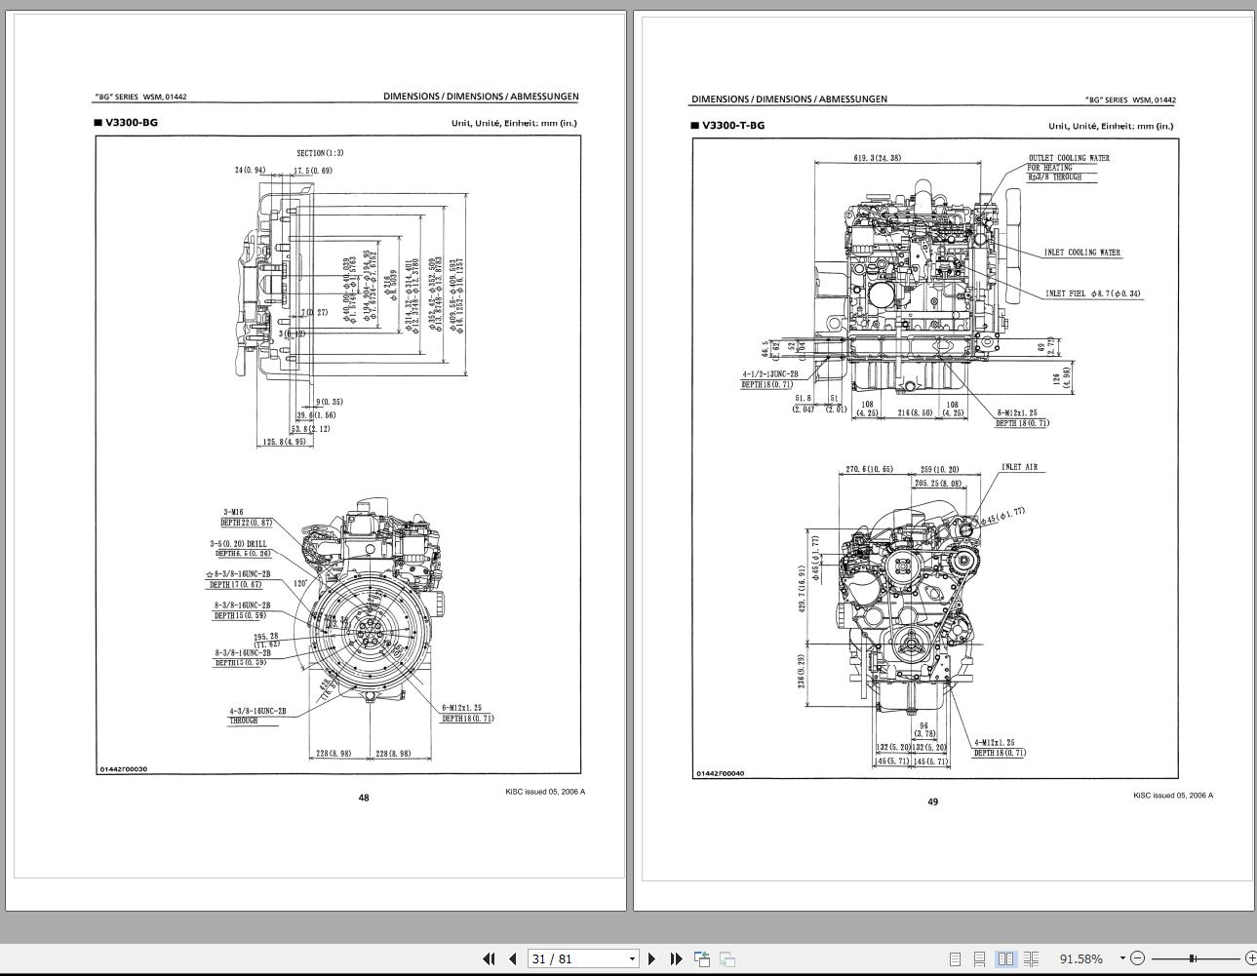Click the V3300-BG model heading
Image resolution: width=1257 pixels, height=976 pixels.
[x=131, y=123]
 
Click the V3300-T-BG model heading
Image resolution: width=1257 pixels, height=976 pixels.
[x=732, y=126]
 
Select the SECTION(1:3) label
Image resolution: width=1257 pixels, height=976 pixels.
[x=320, y=153]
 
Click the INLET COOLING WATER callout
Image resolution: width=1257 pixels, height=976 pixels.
[x=1081, y=253]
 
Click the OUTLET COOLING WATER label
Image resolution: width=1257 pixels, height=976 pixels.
[x=1068, y=158]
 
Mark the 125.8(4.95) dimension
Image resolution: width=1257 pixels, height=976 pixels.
[x=284, y=442]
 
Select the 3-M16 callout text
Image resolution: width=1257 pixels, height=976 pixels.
[x=233, y=512]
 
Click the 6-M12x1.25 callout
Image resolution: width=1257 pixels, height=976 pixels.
[x=461, y=708]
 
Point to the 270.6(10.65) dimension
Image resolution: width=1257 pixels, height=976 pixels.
[x=868, y=470]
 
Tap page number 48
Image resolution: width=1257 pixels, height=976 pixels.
[x=364, y=798]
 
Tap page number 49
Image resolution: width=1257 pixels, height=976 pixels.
[x=932, y=801]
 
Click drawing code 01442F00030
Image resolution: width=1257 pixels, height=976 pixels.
[x=123, y=769]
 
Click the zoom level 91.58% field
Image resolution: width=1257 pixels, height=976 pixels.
[x=1081, y=958]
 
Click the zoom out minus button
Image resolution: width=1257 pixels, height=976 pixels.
[x=1137, y=958]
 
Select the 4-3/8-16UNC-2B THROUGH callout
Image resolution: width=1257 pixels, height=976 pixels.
[x=257, y=716]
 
